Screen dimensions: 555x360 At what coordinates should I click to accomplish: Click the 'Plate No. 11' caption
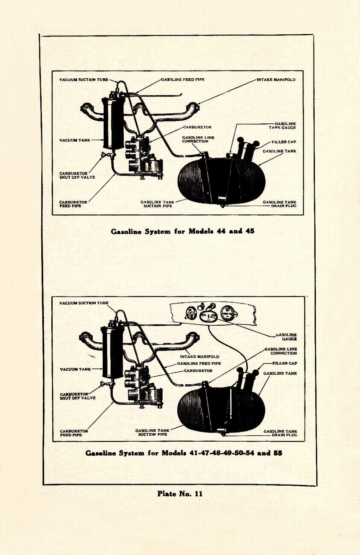pyautogui.click(x=180, y=494)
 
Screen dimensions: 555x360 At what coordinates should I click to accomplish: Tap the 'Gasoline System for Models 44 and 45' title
pyautogui.click(x=182, y=231)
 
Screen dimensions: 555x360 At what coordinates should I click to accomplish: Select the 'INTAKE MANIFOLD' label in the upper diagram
pyautogui.click(x=276, y=79)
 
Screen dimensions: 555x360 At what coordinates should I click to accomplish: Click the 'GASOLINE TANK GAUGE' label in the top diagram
pyautogui.click(x=282, y=126)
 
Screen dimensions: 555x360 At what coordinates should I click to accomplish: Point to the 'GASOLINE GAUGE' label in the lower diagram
pyautogui.click(x=286, y=337)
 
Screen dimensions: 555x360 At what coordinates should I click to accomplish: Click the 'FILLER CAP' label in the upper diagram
pyautogui.click(x=284, y=142)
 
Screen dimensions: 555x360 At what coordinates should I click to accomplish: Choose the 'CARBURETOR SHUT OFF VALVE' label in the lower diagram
pyautogui.click(x=77, y=396)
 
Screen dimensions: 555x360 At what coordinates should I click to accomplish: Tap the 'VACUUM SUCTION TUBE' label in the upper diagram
pyautogui.click(x=84, y=79)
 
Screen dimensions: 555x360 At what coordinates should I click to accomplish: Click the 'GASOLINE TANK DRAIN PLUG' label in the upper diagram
pyautogui.click(x=280, y=204)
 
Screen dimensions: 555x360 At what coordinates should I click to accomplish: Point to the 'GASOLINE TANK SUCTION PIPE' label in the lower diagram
pyautogui.click(x=152, y=432)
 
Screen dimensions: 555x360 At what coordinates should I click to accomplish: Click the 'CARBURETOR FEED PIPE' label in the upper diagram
pyautogui.click(x=73, y=204)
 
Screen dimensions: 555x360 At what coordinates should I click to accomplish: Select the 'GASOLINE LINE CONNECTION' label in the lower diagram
pyautogui.click(x=281, y=351)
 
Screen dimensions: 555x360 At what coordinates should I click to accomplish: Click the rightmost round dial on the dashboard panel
pyautogui.click(x=228, y=313)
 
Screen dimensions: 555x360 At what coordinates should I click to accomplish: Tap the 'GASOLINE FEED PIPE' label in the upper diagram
pyautogui.click(x=183, y=79)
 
